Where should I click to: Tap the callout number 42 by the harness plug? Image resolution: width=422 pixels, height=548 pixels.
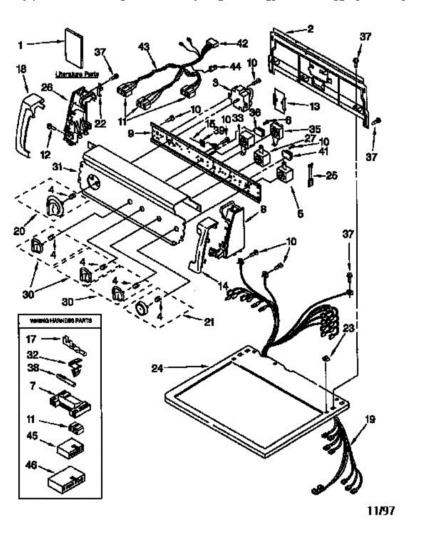(242, 43)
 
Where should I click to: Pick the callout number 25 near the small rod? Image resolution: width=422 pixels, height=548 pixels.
(331, 175)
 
